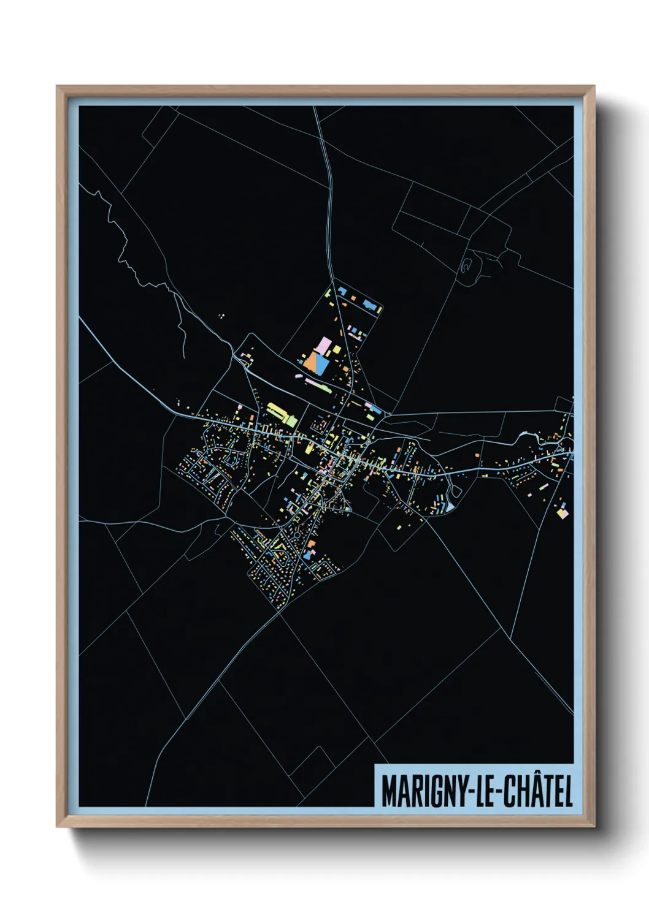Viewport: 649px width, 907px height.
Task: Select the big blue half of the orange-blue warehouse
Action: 322,363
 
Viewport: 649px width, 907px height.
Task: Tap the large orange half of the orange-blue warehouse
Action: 310,363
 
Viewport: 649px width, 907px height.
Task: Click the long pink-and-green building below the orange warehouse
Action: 318,385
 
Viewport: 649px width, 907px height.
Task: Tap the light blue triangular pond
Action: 451,507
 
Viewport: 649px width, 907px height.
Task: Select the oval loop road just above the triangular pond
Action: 455,491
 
